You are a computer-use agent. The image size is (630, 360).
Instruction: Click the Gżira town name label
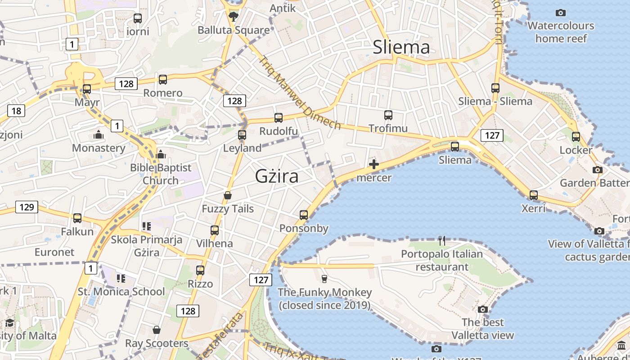[276, 176]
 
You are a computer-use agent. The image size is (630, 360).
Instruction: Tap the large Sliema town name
[401, 47]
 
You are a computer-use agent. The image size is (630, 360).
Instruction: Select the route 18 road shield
[16, 111]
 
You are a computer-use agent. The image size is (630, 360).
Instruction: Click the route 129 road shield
[27, 207]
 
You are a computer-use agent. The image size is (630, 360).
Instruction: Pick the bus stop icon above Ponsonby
[304, 215]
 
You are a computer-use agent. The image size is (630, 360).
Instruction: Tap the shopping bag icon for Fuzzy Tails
[228, 195]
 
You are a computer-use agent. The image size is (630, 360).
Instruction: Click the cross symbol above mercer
[373, 164]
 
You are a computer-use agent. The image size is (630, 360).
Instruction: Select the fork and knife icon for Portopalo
[441, 241]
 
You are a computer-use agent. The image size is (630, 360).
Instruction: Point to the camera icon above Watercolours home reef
[560, 13]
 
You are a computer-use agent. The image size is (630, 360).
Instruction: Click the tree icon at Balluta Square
[233, 17]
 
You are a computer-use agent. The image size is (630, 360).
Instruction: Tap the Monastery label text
[99, 148]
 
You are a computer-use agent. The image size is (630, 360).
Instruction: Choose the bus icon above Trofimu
[388, 115]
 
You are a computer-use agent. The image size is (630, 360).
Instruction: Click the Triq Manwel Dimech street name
[299, 92]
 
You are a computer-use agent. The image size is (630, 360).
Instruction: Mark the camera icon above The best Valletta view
[483, 309]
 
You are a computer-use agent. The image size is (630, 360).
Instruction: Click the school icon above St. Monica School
[121, 279]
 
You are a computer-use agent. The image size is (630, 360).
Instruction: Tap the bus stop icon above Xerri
[533, 195]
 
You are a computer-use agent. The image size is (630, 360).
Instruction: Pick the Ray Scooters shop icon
[157, 330]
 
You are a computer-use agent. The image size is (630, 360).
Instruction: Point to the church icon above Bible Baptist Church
[161, 155]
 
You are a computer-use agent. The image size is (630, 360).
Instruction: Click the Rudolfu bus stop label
[279, 131]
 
